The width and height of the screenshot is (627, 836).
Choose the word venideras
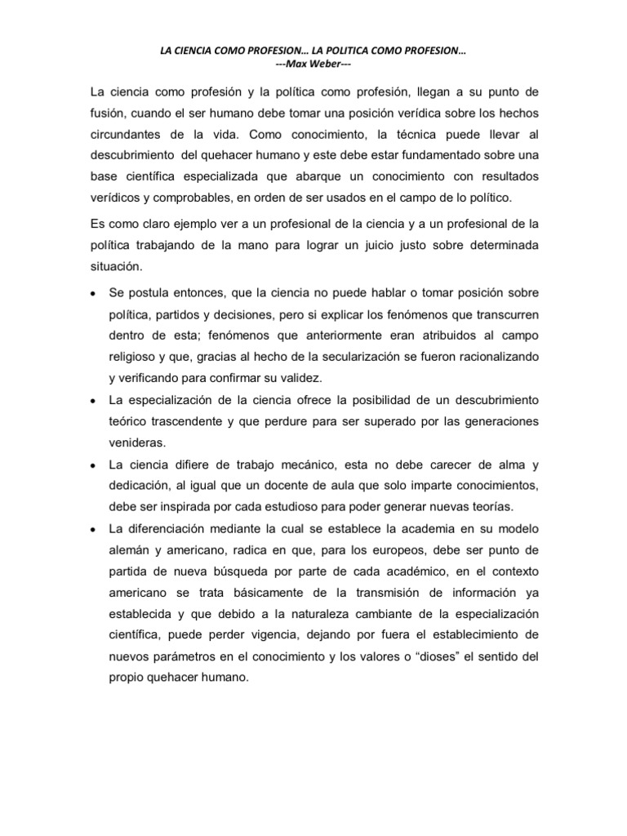click(137, 442)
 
